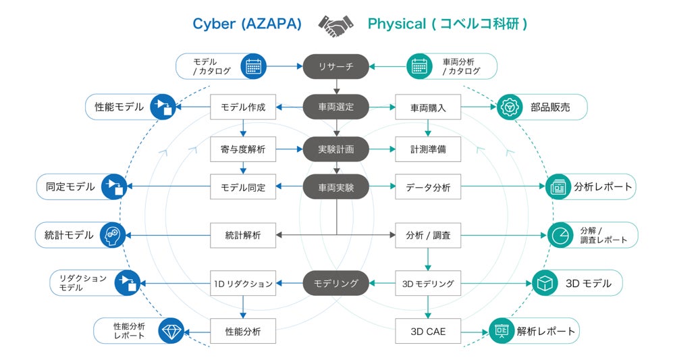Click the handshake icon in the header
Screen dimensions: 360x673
pyautogui.click(x=335, y=25)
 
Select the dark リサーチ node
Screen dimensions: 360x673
pyautogui.click(x=336, y=66)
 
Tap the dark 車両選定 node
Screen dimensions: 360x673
pyautogui.click(x=336, y=107)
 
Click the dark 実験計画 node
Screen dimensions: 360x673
pyautogui.click(x=336, y=149)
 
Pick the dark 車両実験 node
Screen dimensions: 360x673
pyautogui.click(x=336, y=187)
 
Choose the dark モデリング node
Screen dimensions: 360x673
pyautogui.click(x=336, y=283)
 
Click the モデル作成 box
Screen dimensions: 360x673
pyautogui.click(x=243, y=107)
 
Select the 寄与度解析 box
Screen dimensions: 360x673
pyautogui.click(x=243, y=149)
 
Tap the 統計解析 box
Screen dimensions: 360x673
pyautogui.click(x=243, y=236)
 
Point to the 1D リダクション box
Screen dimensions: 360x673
pyautogui.click(x=243, y=283)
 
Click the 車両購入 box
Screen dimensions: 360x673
pyautogui.click(x=428, y=107)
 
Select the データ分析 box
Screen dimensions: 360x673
pyautogui.click(x=428, y=187)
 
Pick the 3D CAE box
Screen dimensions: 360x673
pyautogui.click(x=428, y=332)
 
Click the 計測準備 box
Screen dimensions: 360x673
pyautogui.click(x=428, y=149)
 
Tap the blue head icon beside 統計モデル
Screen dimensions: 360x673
pyautogui.click(x=113, y=235)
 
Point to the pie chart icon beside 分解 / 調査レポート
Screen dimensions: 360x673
pyautogui.click(x=558, y=235)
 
